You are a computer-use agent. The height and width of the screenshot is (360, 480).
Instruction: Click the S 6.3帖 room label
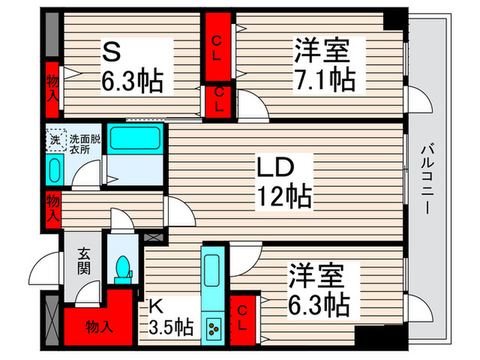pos(133,67)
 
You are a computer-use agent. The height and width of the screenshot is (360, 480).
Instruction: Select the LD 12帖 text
pos(284,182)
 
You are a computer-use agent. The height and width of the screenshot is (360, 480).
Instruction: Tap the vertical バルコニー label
pos(427,178)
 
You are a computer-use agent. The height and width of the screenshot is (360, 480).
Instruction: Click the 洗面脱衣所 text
pos(85,145)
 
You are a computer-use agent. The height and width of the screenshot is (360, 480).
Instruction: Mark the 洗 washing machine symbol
pos(56,139)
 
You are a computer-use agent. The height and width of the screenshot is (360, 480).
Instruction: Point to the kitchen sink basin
pos(211,264)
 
